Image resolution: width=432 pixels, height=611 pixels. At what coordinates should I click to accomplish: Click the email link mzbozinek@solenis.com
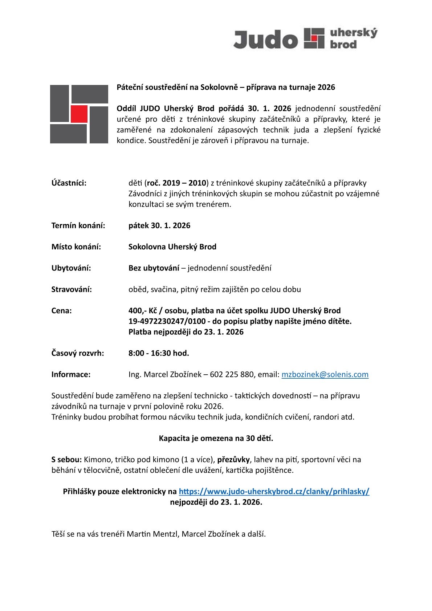[325, 374]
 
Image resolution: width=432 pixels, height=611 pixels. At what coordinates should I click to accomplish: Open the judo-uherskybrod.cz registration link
[274, 492]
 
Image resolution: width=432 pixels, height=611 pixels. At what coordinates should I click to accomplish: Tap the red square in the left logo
[79, 114]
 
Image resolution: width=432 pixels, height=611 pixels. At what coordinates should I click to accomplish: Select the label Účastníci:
[69, 183]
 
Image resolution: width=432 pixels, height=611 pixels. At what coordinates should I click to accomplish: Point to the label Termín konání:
[78, 225]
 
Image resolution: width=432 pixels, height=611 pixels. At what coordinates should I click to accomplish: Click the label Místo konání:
[76, 247]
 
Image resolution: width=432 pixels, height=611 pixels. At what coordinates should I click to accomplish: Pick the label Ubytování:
[71, 268]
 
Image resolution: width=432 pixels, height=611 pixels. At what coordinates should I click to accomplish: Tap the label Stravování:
[72, 289]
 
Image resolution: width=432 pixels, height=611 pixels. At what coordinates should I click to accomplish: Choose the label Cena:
[62, 311]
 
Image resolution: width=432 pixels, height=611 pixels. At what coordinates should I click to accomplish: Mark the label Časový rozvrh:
[78, 353]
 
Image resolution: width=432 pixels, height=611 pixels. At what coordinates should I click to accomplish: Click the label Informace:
[71, 374]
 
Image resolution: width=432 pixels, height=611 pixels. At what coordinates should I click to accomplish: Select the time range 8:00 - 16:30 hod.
[159, 353]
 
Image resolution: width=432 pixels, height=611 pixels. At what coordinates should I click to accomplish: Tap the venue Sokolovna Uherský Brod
[172, 247]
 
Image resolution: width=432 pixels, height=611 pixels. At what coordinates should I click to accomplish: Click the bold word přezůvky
[233, 460]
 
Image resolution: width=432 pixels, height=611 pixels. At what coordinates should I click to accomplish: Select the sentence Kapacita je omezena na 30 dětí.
[216, 438]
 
